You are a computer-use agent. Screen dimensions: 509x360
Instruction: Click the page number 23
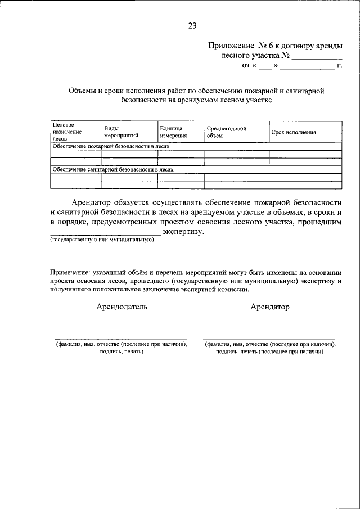192,25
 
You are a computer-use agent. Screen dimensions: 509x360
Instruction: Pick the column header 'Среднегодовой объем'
226,132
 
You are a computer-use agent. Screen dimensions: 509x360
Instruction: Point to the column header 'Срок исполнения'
293,133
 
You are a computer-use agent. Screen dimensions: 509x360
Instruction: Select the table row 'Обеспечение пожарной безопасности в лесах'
110,146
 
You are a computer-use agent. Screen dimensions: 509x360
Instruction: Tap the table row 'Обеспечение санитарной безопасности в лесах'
112,169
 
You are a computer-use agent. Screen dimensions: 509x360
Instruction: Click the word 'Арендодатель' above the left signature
122,307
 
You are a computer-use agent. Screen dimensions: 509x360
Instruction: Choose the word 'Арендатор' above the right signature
270,307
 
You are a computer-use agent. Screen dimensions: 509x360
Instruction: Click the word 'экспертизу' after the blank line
183,232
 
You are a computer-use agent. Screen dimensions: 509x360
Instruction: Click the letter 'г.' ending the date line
339,66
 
